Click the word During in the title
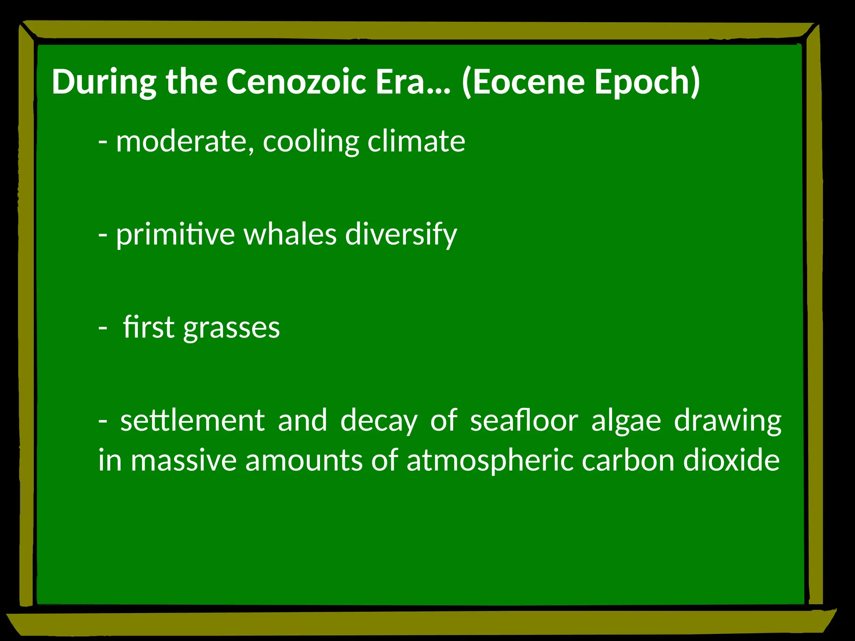tap(104, 82)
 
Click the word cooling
tap(311, 142)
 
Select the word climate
tap(416, 141)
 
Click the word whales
tap(290, 234)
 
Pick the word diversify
tap(401, 235)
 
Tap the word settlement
tap(192, 420)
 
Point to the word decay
tap(379, 421)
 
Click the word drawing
tap(727, 421)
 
